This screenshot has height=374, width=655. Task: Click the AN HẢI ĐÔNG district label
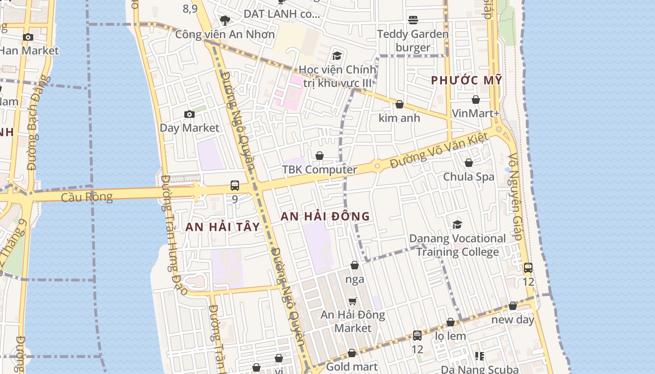click(x=325, y=216)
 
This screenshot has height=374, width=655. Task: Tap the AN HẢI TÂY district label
click(x=222, y=227)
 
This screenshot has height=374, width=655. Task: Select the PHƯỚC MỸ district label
click(x=466, y=80)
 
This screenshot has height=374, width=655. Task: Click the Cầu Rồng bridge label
click(x=87, y=197)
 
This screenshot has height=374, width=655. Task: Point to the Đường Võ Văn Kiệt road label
click(x=439, y=151)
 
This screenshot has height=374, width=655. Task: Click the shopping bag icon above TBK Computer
click(x=320, y=156)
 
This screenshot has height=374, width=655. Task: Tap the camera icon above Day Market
click(x=189, y=115)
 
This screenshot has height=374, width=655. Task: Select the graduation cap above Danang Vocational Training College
click(x=457, y=225)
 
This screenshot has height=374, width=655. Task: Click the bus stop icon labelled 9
click(x=235, y=186)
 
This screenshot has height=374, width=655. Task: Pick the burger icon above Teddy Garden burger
click(x=413, y=20)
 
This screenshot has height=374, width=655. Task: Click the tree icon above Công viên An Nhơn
click(x=225, y=20)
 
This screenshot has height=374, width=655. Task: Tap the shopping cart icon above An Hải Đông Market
click(x=353, y=302)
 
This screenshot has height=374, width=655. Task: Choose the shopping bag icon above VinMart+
click(x=476, y=100)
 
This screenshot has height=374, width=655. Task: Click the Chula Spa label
click(x=469, y=177)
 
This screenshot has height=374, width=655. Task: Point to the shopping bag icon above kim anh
click(x=400, y=104)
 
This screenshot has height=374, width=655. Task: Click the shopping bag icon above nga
click(x=355, y=266)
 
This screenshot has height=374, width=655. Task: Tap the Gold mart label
click(x=352, y=367)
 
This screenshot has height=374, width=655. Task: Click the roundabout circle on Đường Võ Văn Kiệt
click(x=377, y=165)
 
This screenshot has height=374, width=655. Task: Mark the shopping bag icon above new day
click(x=513, y=306)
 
